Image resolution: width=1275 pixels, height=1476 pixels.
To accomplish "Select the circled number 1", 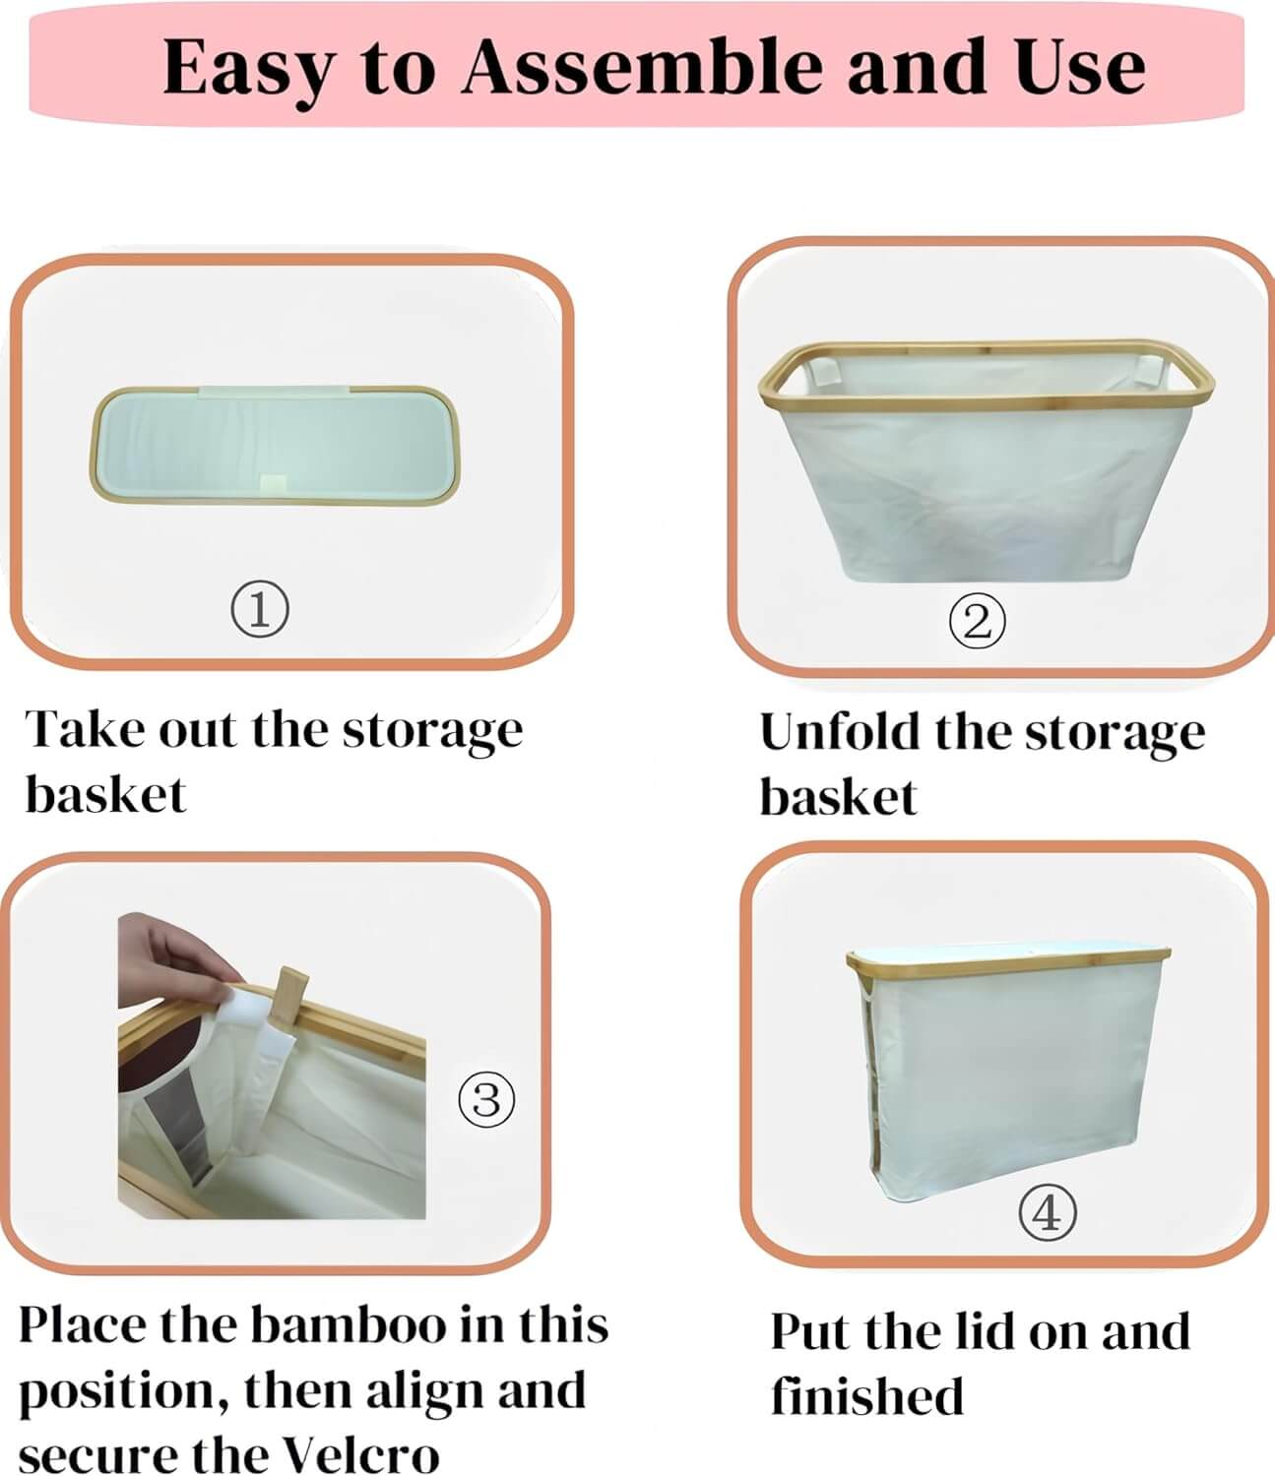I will pos(260,609).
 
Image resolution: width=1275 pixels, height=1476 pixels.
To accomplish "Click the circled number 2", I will pos(977,621).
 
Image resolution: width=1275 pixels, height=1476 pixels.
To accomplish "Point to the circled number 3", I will pos(486,1099).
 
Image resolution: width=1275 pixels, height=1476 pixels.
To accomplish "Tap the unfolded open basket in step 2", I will pos(985,462).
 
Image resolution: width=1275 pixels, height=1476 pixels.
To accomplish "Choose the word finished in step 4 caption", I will pos(867,1395).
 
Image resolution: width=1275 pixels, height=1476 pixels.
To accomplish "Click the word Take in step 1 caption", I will pos(84,729).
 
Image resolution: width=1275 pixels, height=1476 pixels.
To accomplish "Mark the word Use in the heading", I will pos(1080,67).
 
